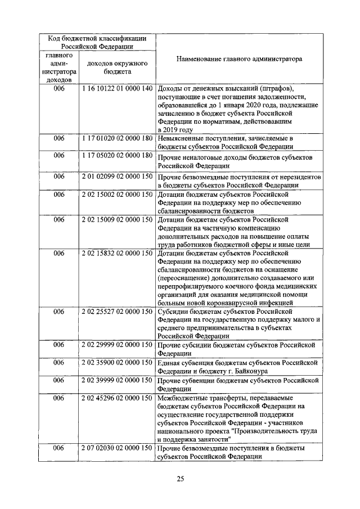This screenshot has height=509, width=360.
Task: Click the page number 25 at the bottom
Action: point(180,479)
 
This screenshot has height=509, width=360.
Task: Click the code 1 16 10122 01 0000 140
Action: point(117,89)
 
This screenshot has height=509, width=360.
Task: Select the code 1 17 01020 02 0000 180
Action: point(117,138)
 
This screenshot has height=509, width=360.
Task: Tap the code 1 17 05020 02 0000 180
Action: point(117,155)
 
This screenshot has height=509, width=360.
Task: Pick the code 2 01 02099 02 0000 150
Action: point(117,177)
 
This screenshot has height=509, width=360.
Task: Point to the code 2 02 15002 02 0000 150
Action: point(117,194)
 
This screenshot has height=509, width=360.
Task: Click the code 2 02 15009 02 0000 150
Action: point(117,219)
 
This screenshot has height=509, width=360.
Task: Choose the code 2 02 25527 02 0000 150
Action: point(117,311)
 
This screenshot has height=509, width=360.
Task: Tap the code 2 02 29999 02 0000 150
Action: point(117,344)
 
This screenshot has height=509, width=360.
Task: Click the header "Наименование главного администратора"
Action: point(238,58)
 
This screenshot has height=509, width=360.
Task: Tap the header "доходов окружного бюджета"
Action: point(117,67)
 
